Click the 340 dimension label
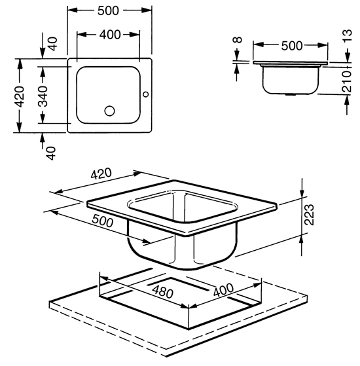(x=43, y=96)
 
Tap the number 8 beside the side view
(x=238, y=40)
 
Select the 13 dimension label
(x=347, y=35)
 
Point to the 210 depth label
(x=346, y=81)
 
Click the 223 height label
(x=310, y=215)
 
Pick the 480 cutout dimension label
(x=163, y=292)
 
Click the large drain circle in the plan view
(x=110, y=111)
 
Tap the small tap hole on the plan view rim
(x=146, y=94)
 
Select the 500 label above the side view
(x=292, y=46)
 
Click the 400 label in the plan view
(x=110, y=35)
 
